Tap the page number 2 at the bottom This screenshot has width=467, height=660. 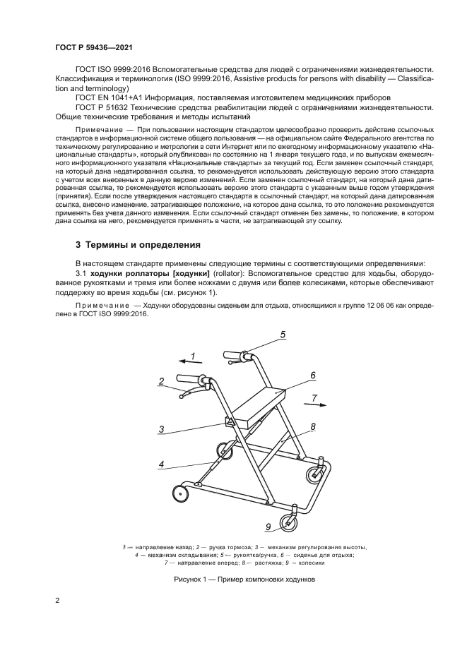click(x=57, y=601)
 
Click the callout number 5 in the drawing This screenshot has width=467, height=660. click(x=283, y=335)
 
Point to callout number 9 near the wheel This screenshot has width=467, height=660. click(x=268, y=527)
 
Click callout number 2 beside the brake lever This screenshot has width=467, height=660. click(x=161, y=381)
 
